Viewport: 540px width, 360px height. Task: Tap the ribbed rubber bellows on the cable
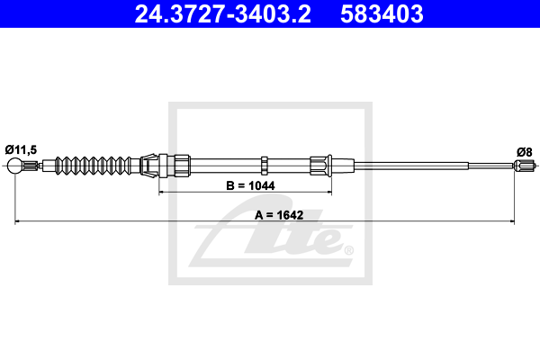click(94, 166)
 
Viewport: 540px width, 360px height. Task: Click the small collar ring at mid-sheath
click(265, 165)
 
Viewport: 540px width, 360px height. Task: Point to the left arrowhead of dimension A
click(17, 220)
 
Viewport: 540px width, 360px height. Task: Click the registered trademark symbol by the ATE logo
click(348, 249)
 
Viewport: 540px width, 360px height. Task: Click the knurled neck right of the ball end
click(31, 166)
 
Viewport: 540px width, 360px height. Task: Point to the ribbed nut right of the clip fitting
click(180, 165)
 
